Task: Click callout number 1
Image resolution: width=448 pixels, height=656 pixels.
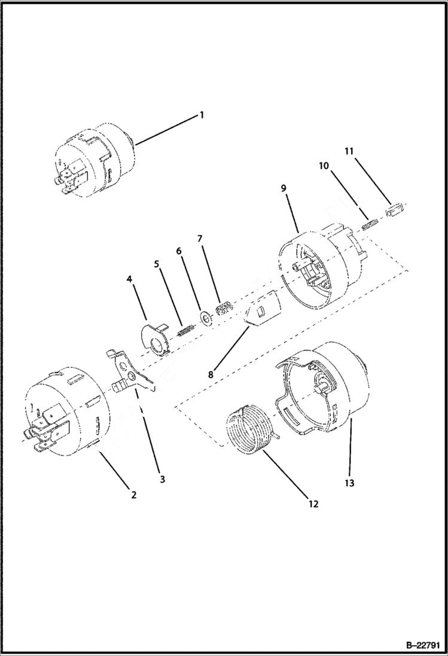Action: pos(202,115)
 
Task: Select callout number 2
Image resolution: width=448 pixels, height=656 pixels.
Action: pos(134,495)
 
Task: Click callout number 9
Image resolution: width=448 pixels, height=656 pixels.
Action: pos(284,188)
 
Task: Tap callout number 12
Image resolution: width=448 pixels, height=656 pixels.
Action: pos(313,504)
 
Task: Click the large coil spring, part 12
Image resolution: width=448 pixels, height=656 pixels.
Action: pos(248,429)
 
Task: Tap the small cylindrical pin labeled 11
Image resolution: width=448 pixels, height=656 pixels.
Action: pos(394,211)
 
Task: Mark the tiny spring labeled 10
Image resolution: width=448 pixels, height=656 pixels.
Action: pos(370,225)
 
